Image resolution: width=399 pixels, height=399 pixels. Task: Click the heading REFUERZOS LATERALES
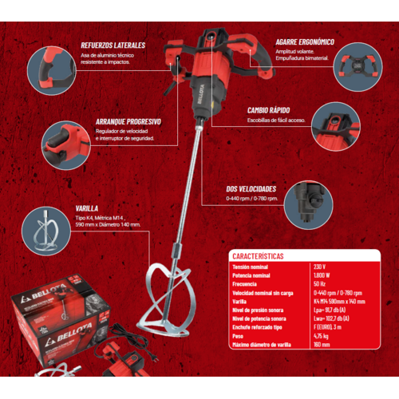(x=113, y=45)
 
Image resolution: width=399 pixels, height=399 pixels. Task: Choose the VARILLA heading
(x=87, y=207)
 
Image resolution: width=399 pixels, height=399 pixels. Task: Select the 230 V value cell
(x=321, y=267)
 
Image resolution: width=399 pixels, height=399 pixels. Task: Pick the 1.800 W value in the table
(x=324, y=275)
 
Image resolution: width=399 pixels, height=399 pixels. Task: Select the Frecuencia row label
(x=245, y=284)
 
